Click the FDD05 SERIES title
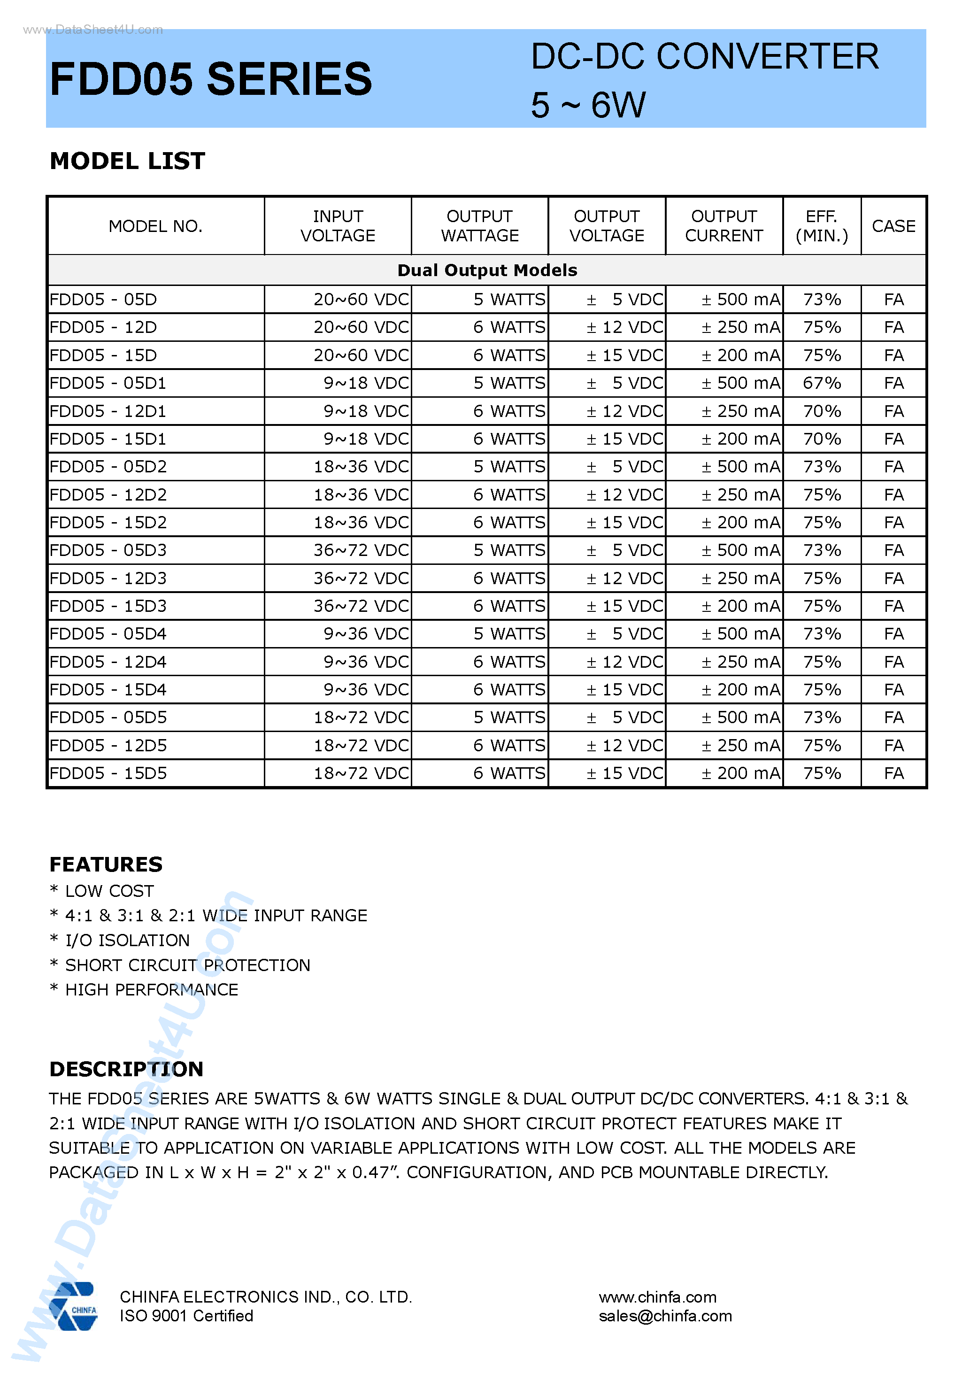tap(210, 79)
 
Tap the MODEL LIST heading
tap(127, 161)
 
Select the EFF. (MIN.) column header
tap(822, 226)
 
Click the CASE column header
tap(893, 226)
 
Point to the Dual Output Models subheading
tap(487, 270)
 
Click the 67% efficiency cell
tap(822, 383)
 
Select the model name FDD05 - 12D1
tap(108, 411)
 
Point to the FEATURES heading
tap(106, 864)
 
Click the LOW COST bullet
tap(109, 891)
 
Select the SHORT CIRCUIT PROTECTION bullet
tap(187, 965)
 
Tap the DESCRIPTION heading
tap(126, 1069)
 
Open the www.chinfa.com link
tap(657, 1297)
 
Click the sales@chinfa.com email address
tap(665, 1316)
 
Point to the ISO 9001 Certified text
tap(186, 1316)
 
